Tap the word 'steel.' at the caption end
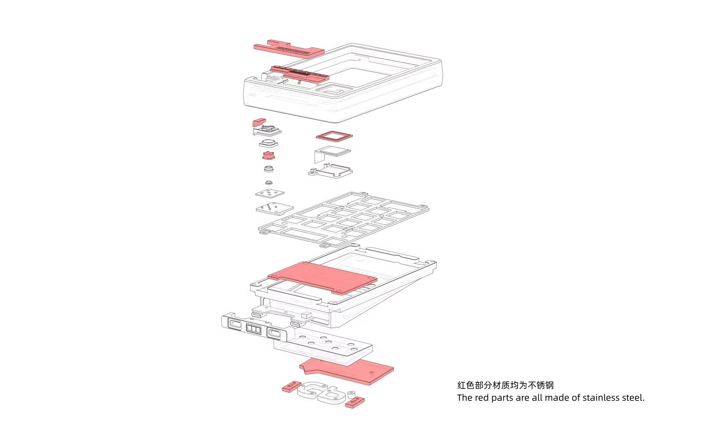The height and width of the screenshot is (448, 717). pyautogui.click(x=633, y=398)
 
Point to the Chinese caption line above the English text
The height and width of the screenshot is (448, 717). pyautogui.click(x=505, y=385)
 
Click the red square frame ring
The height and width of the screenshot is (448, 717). pyautogui.click(x=334, y=136)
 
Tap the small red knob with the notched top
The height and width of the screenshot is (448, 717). pyautogui.click(x=269, y=155)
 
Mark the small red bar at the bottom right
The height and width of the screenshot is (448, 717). pyautogui.click(x=355, y=402)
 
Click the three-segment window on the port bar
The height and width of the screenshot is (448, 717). pyautogui.click(x=254, y=329)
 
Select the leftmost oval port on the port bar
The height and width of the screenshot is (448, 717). pyautogui.click(x=234, y=324)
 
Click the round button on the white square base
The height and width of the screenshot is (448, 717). pyautogui.click(x=269, y=143)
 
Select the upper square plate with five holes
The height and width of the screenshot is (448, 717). pyautogui.click(x=269, y=193)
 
